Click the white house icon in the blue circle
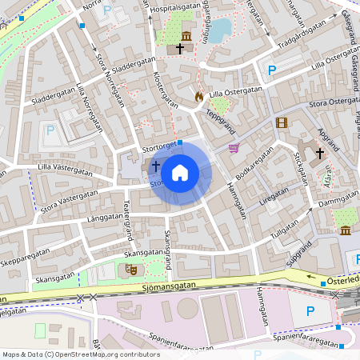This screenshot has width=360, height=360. (180, 172)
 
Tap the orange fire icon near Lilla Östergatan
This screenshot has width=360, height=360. (199, 97)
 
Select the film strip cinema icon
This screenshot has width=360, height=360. (281, 122)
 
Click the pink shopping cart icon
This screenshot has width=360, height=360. (234, 147)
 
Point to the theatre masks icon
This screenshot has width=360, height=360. (129, 270)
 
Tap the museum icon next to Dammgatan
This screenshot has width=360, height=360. (345, 230)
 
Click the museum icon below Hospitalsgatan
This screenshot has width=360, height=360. (186, 36)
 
